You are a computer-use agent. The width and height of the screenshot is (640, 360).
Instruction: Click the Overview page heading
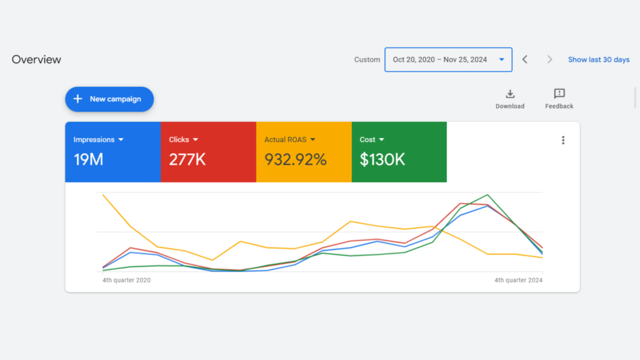click(x=36, y=60)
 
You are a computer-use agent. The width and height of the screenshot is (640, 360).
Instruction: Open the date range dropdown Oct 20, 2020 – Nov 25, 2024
click(x=448, y=60)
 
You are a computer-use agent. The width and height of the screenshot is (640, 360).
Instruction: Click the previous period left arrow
click(x=525, y=59)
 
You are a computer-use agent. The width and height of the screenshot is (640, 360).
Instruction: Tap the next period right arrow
click(x=550, y=59)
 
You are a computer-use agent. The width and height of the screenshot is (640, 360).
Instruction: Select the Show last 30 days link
click(x=598, y=60)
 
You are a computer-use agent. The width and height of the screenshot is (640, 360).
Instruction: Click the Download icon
click(x=510, y=94)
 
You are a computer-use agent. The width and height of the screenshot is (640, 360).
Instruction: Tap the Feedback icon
click(x=559, y=94)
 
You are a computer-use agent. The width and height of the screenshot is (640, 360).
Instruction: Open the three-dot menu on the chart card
click(x=563, y=140)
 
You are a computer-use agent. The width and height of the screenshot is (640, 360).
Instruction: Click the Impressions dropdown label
click(x=98, y=140)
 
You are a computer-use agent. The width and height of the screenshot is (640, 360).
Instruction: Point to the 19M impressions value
click(x=88, y=159)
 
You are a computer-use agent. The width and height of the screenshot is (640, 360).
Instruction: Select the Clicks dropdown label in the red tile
click(x=183, y=140)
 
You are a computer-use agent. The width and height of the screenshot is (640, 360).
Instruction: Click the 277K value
click(x=187, y=159)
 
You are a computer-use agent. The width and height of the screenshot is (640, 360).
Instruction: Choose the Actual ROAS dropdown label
click(x=289, y=140)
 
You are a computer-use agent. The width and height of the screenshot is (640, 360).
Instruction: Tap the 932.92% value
click(x=295, y=159)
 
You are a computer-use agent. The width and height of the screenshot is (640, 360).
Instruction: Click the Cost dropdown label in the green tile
click(x=371, y=140)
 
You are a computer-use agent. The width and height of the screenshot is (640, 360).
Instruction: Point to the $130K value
click(x=382, y=159)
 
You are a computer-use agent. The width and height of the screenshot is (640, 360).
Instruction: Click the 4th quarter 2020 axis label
click(x=126, y=280)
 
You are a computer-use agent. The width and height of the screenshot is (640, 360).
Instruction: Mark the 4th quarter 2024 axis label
click(x=518, y=280)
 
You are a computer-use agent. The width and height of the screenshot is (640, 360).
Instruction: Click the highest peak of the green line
click(x=487, y=195)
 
